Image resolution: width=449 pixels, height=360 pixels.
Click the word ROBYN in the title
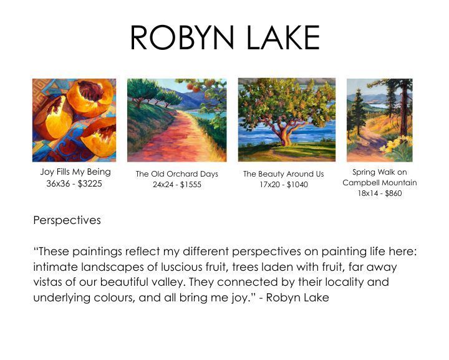(x=182, y=37)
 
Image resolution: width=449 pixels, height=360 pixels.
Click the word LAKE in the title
(x=283, y=37)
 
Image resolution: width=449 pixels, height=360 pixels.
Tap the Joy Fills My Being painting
(x=74, y=120)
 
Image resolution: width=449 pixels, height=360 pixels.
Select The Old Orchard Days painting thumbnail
(x=177, y=120)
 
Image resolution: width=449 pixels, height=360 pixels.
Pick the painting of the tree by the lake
(x=287, y=120)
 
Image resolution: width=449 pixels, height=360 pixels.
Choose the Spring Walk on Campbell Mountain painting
(x=380, y=120)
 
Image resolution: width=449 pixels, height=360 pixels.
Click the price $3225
(x=90, y=183)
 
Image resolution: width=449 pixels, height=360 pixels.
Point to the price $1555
(x=191, y=185)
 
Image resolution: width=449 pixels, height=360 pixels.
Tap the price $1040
(x=297, y=185)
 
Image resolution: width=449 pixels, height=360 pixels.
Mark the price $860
(x=393, y=193)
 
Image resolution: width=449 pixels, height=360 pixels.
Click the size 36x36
(x=58, y=183)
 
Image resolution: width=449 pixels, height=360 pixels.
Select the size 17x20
(x=270, y=185)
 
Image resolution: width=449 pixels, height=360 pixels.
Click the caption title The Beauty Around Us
(x=284, y=174)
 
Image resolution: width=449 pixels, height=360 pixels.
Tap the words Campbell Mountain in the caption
(x=380, y=183)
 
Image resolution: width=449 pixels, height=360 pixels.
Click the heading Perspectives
(x=67, y=220)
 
